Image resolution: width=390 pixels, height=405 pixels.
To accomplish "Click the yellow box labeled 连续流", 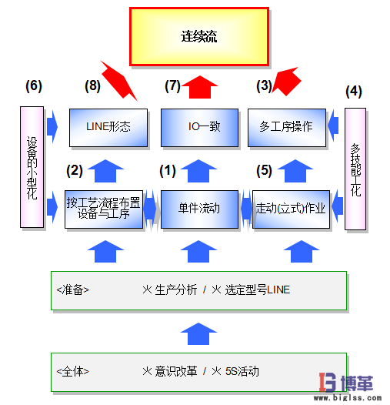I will coord(199,36).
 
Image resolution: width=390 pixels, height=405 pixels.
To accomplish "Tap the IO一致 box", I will coord(199,127).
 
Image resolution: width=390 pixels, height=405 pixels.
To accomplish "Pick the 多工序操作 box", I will coord(286,127).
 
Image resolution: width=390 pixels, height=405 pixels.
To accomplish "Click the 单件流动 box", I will coord(199,209).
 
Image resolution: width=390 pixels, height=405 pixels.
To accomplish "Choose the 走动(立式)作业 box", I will coord(290,209).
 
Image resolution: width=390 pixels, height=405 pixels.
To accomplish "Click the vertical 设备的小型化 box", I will coord(32,168).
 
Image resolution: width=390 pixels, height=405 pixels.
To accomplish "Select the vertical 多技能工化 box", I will coord(355,169).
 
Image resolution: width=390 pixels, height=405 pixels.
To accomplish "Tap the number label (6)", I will coord(33,85).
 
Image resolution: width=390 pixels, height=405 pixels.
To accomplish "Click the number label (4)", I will coord(354,91).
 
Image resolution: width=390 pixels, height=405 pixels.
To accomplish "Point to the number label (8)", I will coord(95,85).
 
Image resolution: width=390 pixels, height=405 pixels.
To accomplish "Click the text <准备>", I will coord(73,290).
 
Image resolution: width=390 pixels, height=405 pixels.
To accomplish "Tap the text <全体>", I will coord(73,371).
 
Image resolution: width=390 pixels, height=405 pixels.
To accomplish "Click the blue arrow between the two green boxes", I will coord(199,333).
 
